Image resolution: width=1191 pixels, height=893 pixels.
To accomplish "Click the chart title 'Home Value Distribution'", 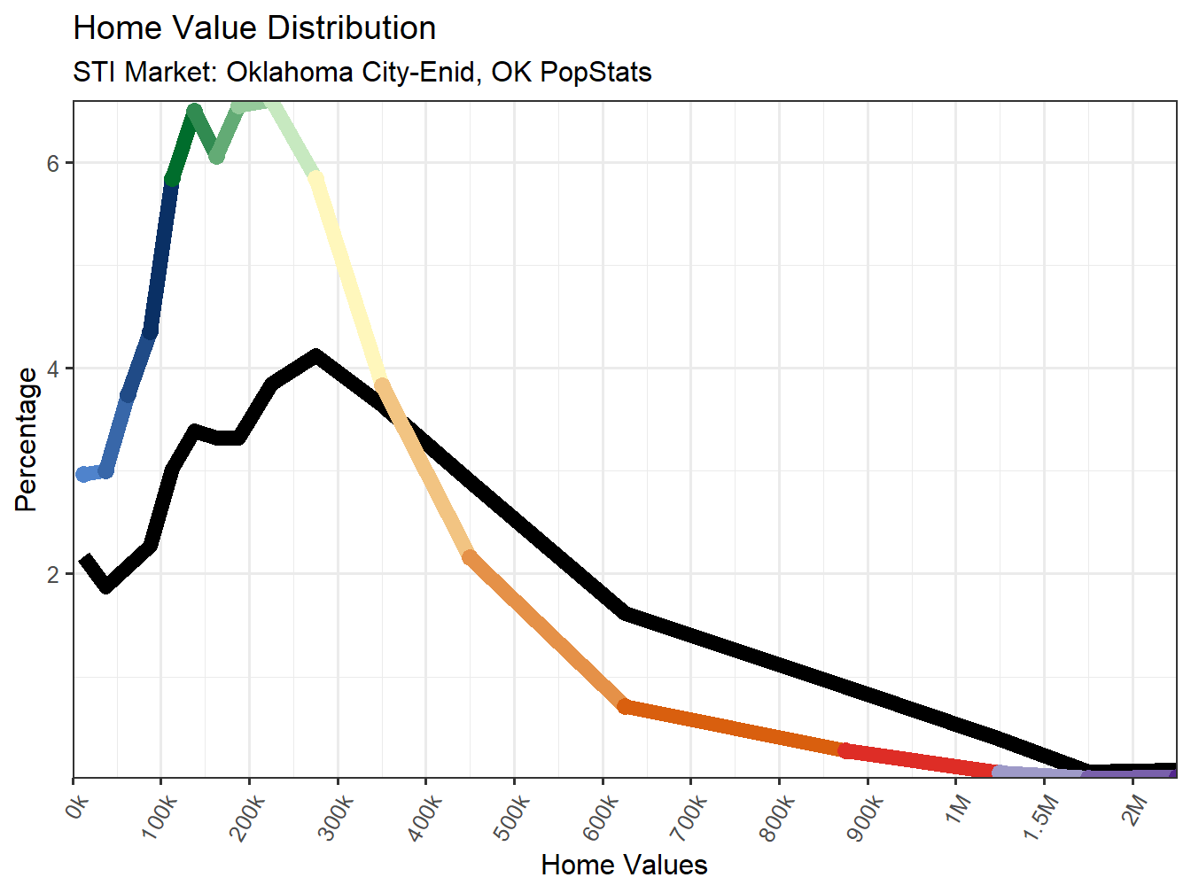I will tap(254, 28).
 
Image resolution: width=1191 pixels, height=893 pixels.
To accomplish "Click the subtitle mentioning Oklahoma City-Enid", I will tap(362, 72).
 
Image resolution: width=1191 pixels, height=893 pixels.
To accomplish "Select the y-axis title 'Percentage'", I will tap(27, 440).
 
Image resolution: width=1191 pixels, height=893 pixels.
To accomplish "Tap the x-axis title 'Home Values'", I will tap(624, 865).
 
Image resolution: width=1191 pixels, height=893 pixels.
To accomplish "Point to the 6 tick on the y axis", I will tap(53, 163).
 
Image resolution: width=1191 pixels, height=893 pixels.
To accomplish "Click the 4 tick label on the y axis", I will tap(53, 369).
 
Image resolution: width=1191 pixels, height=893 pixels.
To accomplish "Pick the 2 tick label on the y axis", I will tap(53, 574).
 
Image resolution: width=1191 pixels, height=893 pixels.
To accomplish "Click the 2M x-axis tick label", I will tap(1135, 809).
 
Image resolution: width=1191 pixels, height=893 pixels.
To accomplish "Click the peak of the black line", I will tap(315, 357).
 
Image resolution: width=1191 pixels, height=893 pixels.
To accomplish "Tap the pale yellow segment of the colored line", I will tap(348, 280).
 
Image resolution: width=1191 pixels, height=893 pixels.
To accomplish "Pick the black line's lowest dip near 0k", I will tap(106, 586).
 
